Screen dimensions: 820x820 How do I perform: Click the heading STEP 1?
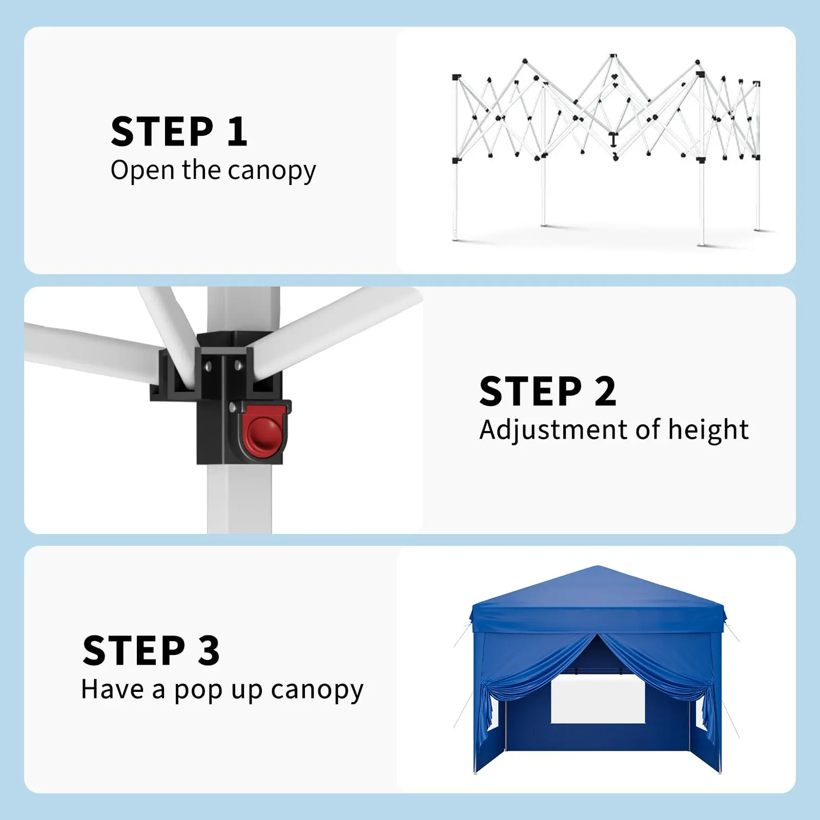tap(179, 132)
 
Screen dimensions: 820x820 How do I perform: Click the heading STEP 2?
tap(547, 392)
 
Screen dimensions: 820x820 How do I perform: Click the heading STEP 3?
tap(151, 651)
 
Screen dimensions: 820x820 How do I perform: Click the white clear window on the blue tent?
tap(598, 699)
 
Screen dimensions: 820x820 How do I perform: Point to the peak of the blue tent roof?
tap(598, 566)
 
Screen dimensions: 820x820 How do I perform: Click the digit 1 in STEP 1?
tap(237, 132)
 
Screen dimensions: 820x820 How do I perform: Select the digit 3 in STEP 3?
tap(209, 651)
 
